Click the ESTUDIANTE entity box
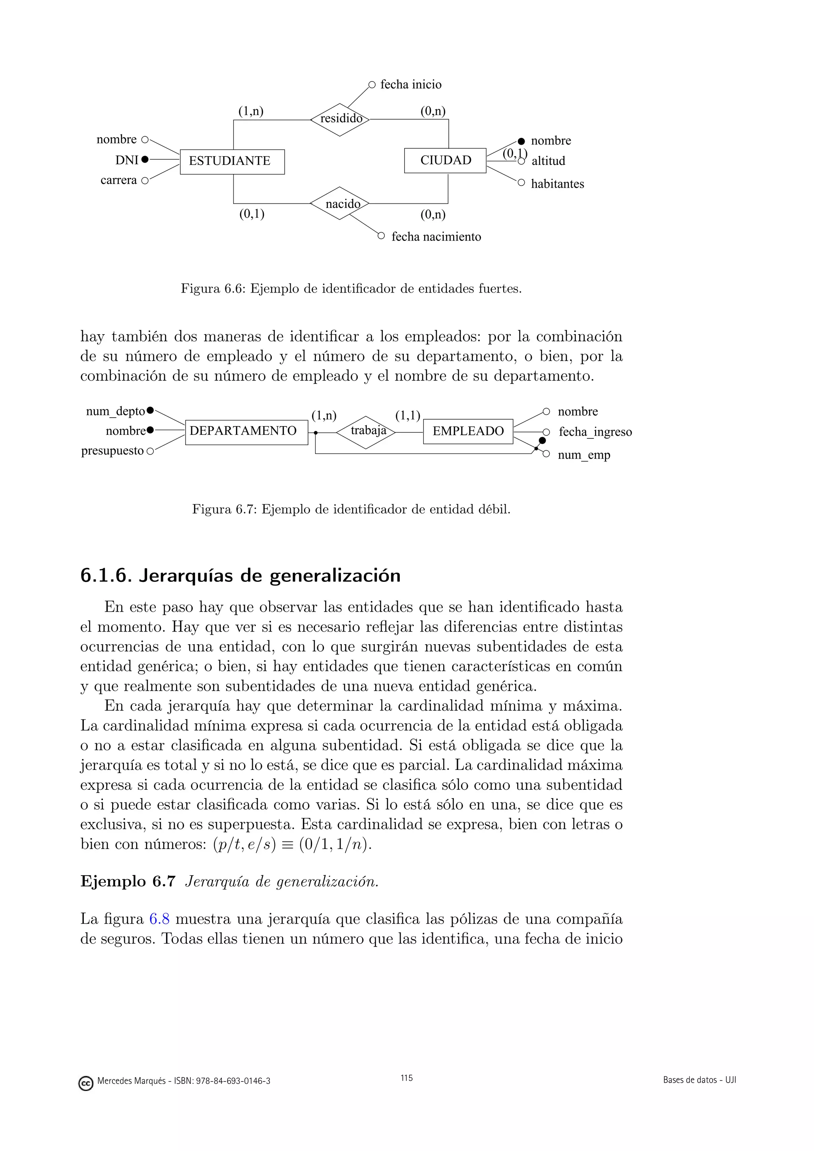click(x=232, y=161)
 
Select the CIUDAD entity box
click(x=445, y=161)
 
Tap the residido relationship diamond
click(x=340, y=119)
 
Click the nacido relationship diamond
click(x=340, y=203)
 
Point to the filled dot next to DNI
click(x=145, y=159)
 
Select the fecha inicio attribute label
click(x=411, y=84)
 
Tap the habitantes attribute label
click(x=557, y=184)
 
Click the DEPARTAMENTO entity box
click(x=246, y=432)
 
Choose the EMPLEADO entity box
click(x=468, y=431)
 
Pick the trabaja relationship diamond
click(x=366, y=432)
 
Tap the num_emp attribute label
click(x=584, y=455)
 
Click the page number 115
click(x=407, y=1078)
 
